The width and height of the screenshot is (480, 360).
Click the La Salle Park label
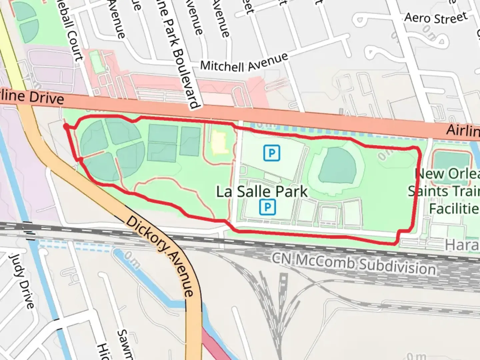pyautogui.click(x=262, y=192)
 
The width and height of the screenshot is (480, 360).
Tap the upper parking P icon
pyautogui.click(x=272, y=153)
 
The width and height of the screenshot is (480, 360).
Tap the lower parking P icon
pyautogui.click(x=267, y=207)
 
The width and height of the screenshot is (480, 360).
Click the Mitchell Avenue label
pyautogui.click(x=244, y=63)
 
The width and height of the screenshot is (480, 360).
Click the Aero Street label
pyautogui.click(x=436, y=18)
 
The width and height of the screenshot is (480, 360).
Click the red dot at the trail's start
pyautogui.click(x=66, y=127)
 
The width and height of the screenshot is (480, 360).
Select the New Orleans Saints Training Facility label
pyautogui.click(x=445, y=191)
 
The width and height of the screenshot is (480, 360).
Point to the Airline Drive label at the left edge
pyautogui.click(x=32, y=97)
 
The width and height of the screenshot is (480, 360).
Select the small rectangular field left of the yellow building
pyautogui.click(x=190, y=141)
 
